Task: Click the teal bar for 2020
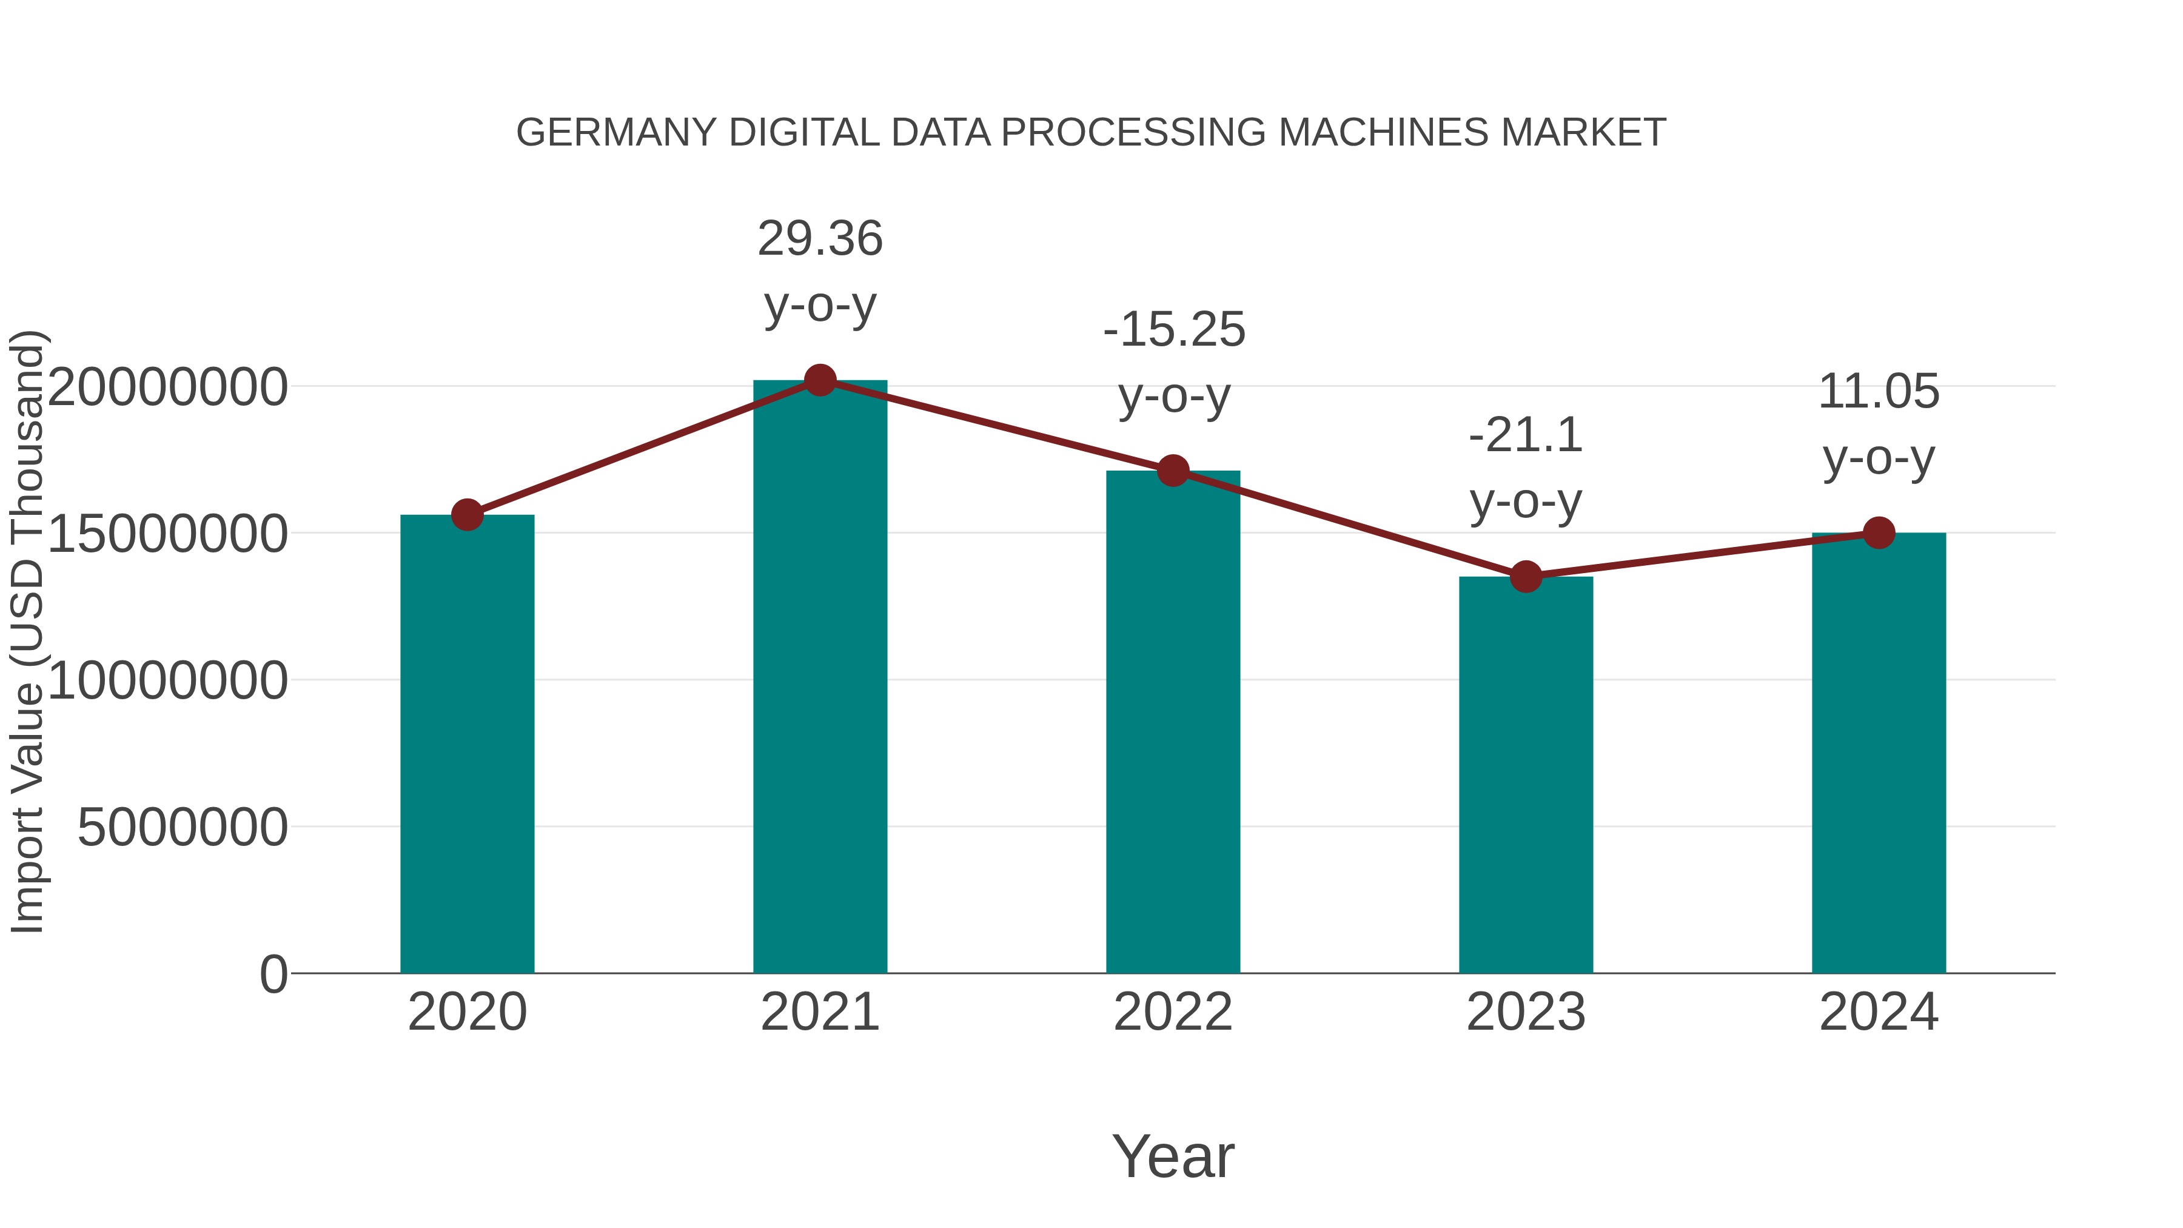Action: [x=467, y=746]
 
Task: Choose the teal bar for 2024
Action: [x=1879, y=754]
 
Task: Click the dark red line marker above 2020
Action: [x=467, y=514]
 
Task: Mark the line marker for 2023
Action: [x=1526, y=577]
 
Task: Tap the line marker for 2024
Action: [x=1879, y=533]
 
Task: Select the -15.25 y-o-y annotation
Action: [x=1174, y=362]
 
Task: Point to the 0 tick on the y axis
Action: [x=273, y=975]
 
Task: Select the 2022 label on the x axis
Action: [x=1173, y=1012]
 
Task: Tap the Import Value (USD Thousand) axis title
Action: [x=27, y=631]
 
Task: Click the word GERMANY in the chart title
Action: [x=616, y=133]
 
